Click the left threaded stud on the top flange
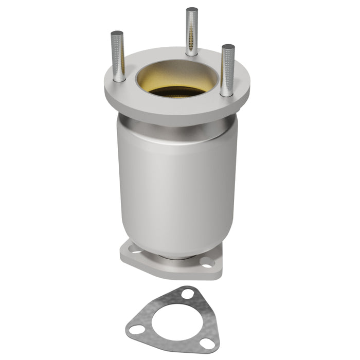click(117, 57)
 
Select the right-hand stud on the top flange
click(228, 70)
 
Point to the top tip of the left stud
click(117, 33)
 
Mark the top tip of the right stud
click(228, 47)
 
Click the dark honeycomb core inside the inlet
click(177, 92)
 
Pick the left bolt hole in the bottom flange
click(135, 251)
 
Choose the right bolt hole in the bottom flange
click(207, 263)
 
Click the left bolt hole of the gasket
click(136, 330)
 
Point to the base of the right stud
click(227, 93)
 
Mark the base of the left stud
click(119, 78)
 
